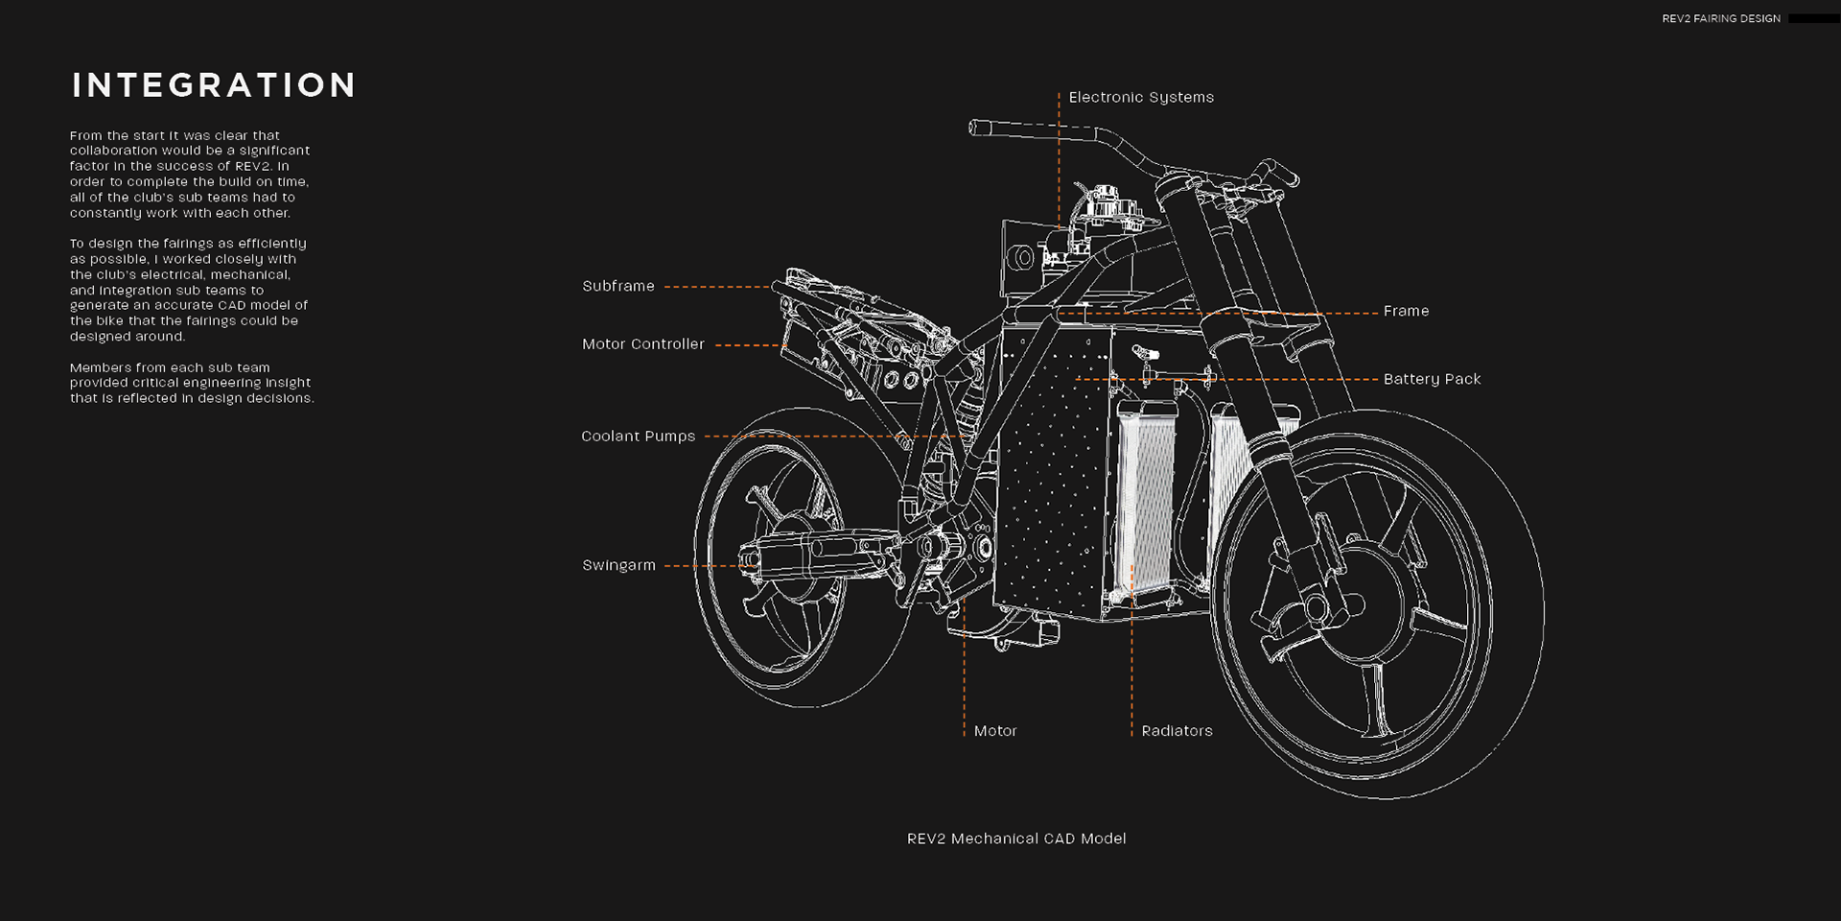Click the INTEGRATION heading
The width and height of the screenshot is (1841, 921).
(x=214, y=85)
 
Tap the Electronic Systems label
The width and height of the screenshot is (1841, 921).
(x=1141, y=97)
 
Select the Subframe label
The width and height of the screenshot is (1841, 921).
(x=618, y=286)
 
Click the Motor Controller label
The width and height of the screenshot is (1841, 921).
(x=643, y=344)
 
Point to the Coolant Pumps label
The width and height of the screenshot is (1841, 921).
(x=639, y=437)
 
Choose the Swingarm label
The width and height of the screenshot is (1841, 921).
(x=619, y=565)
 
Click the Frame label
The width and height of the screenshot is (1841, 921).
(x=1406, y=311)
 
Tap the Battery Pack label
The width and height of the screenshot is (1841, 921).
(x=1432, y=379)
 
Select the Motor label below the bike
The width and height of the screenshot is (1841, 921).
(x=995, y=731)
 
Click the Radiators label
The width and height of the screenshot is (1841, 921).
(x=1177, y=731)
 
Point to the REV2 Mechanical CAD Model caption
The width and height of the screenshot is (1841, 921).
(x=1016, y=838)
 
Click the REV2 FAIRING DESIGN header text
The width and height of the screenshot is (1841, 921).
(x=1721, y=18)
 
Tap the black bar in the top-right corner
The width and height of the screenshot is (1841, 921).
(x=1813, y=18)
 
